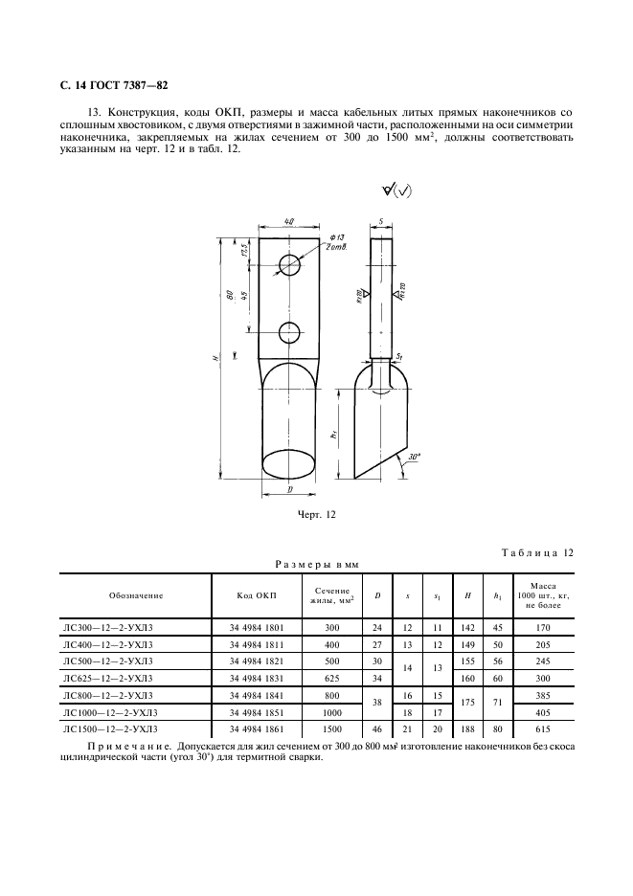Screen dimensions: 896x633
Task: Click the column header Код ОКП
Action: pos(256,595)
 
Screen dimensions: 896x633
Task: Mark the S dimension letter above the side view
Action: pos(381,221)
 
